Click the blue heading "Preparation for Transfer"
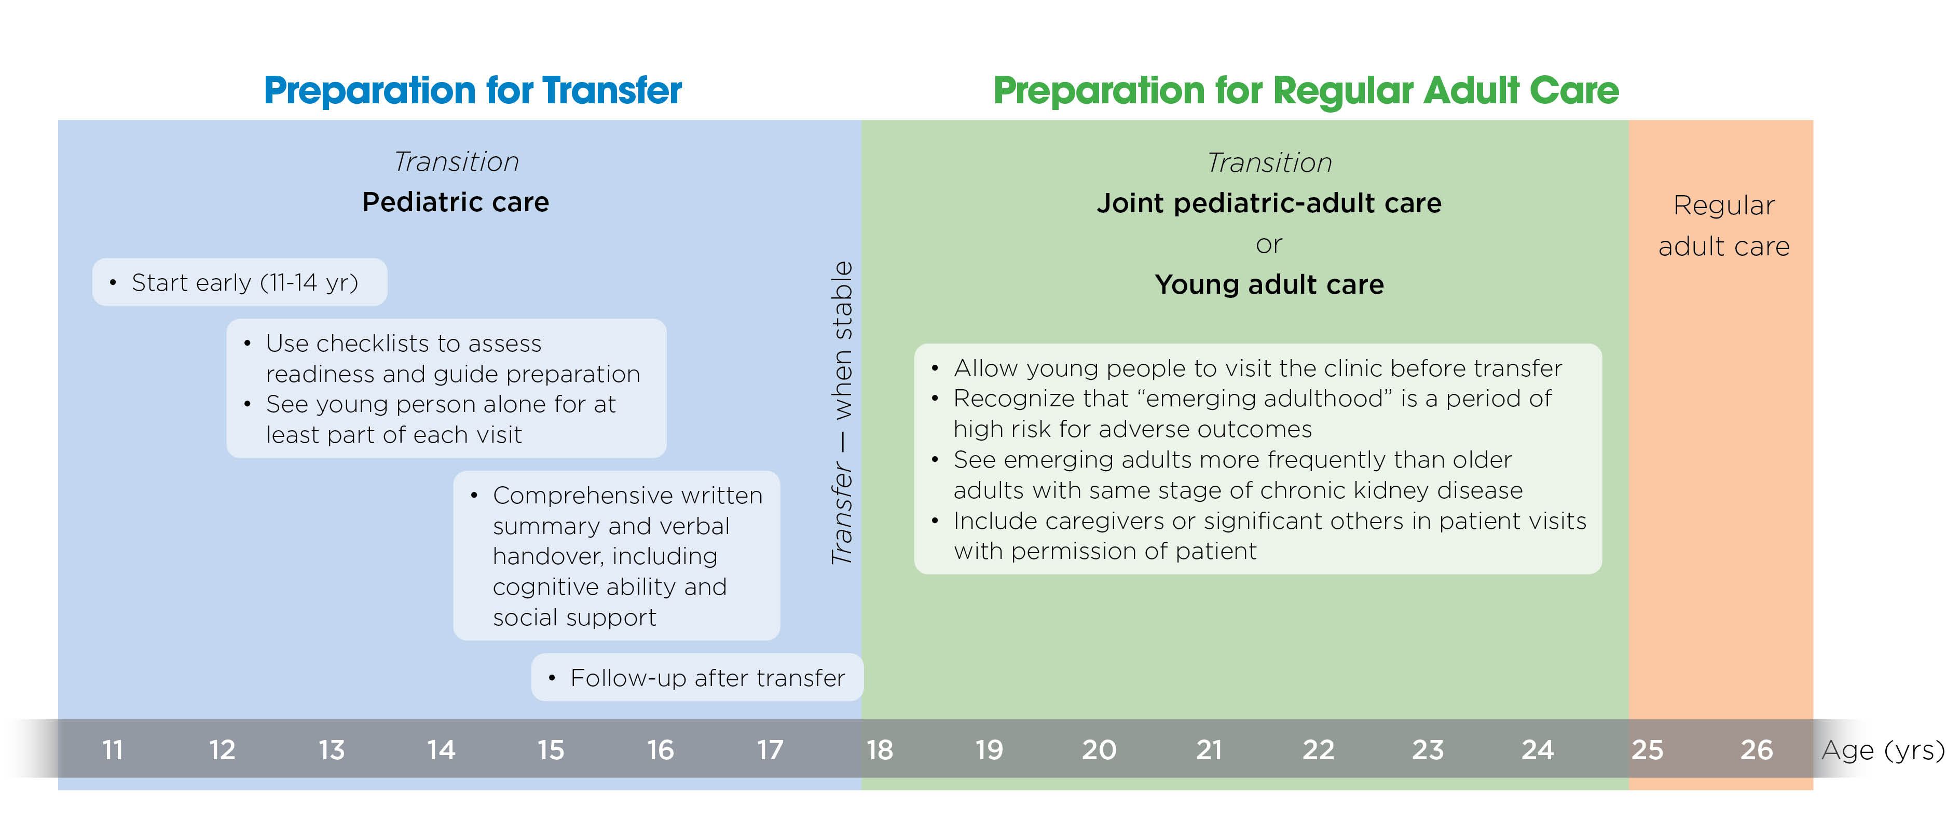(472, 91)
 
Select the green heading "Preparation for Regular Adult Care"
(1306, 91)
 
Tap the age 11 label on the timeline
(113, 750)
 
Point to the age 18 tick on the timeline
(879, 750)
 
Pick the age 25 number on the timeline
(1647, 750)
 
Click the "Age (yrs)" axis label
(1882, 750)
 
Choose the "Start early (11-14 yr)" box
(239, 282)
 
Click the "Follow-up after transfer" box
(697, 677)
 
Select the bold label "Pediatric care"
(456, 202)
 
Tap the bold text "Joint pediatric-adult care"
(1269, 203)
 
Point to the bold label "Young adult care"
(1269, 285)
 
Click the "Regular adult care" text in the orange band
(1723, 226)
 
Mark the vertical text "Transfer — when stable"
(842, 413)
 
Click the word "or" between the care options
(1269, 244)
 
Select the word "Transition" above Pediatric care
(456, 161)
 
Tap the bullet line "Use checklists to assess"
(403, 344)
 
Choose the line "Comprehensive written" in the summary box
(627, 496)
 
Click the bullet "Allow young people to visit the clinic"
(1257, 368)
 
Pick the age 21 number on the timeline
(1209, 750)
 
